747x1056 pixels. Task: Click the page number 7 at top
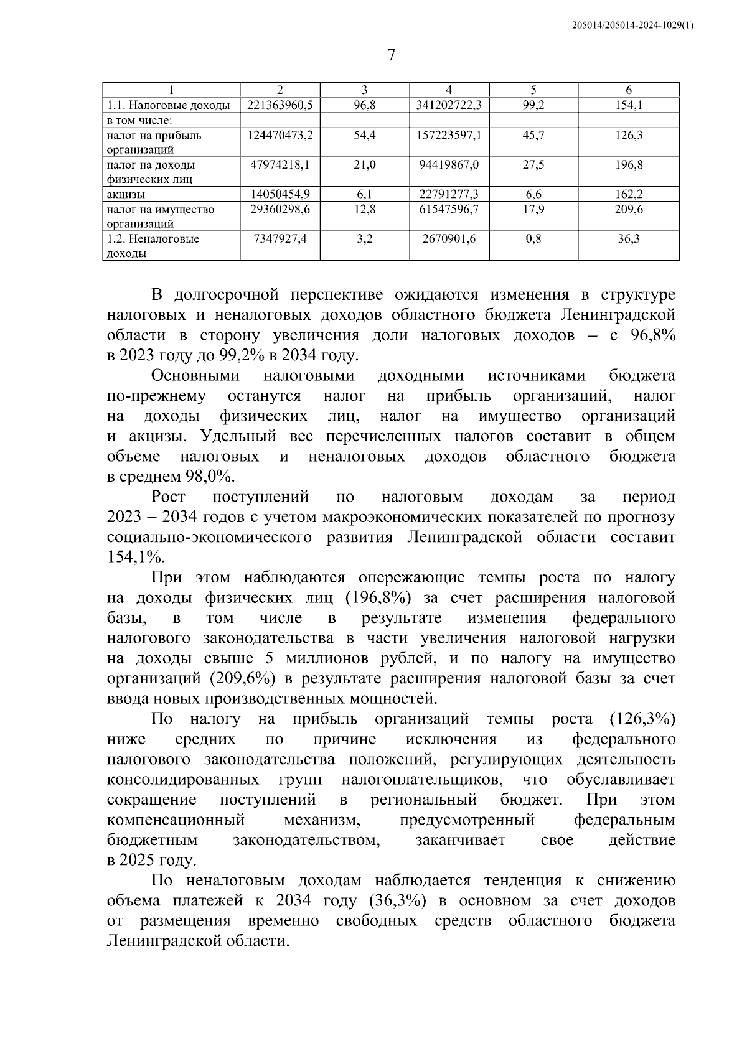[x=391, y=56]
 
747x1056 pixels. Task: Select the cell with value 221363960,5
[x=280, y=106]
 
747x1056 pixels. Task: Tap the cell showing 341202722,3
[x=449, y=106]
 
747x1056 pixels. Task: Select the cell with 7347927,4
[x=280, y=239]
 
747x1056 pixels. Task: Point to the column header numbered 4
[x=449, y=90]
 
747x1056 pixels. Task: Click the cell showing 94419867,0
[x=449, y=165]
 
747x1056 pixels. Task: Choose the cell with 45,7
[x=533, y=135]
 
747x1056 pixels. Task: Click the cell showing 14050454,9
[x=280, y=195]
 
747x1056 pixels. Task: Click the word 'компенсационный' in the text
[x=175, y=820]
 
